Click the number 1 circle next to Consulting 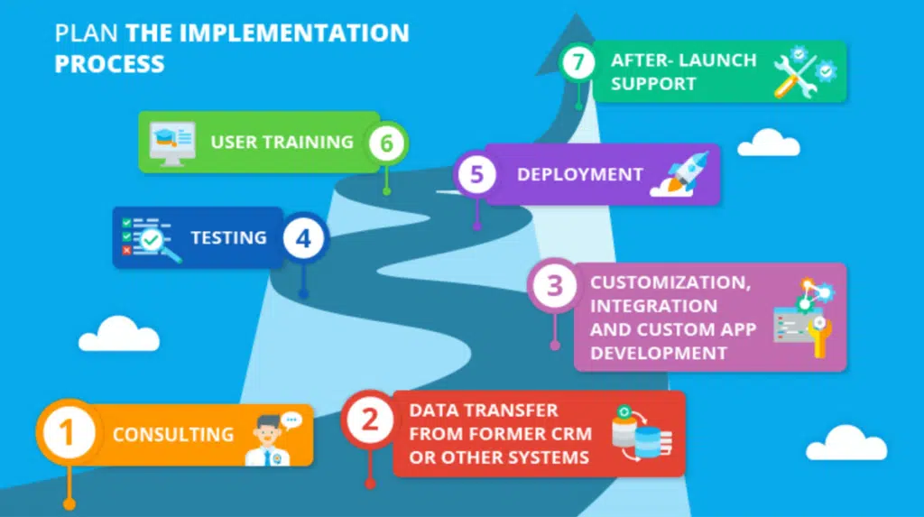69,433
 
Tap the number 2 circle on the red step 369,420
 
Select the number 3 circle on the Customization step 555,286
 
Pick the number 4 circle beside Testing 303,238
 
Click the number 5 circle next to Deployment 476,174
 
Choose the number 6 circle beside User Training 386,143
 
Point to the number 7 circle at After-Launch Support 578,62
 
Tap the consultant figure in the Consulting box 273,439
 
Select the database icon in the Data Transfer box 642,433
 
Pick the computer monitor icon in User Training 172,143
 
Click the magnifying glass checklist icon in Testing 151,239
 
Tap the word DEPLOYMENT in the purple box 580,174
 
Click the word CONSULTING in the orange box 173,435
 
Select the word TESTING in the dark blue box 228,237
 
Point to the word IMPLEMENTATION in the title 293,33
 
